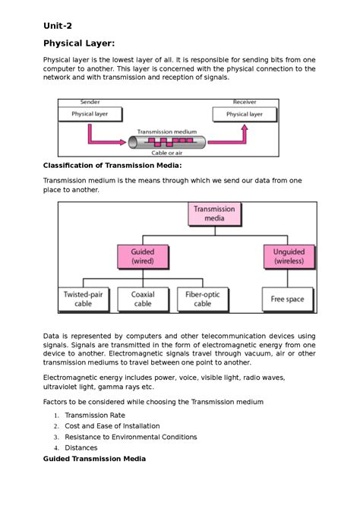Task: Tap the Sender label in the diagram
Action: [x=90, y=102]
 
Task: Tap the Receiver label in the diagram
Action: [x=244, y=102]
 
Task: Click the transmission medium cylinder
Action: [x=166, y=142]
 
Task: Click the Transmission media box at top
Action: [x=214, y=213]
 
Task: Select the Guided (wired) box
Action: [x=142, y=256]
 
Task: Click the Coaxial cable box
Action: [x=143, y=299]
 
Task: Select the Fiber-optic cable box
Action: [x=202, y=299]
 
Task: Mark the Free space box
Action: [x=287, y=299]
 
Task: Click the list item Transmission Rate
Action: [x=95, y=416]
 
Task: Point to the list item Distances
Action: [x=81, y=447]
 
